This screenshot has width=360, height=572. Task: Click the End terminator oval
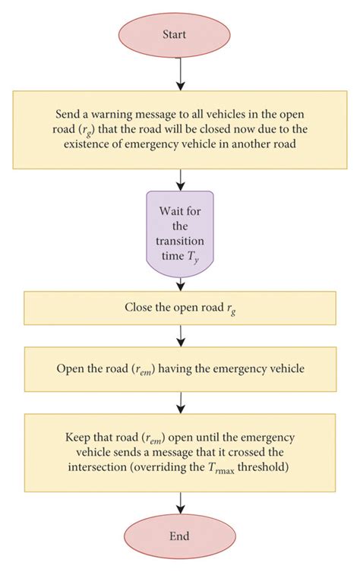(x=180, y=536)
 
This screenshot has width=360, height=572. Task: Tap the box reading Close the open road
(x=180, y=308)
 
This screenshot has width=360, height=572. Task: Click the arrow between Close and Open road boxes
(x=180, y=336)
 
